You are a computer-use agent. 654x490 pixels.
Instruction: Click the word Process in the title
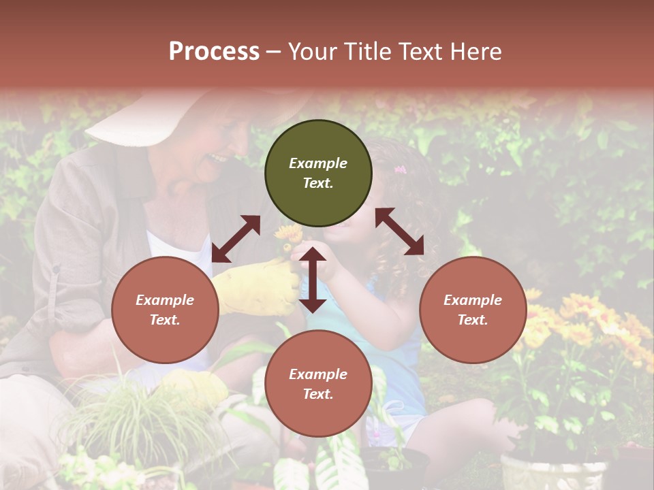click(x=214, y=52)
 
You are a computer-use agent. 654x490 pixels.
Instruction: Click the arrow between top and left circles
click(x=236, y=239)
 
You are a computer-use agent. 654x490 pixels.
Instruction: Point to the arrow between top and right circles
click(x=400, y=231)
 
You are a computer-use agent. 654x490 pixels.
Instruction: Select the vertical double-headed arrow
click(x=313, y=280)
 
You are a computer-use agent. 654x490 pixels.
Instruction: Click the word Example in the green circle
click(x=318, y=163)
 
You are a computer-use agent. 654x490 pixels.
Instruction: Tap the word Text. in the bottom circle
click(x=318, y=394)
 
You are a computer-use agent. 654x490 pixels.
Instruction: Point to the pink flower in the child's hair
click(x=400, y=169)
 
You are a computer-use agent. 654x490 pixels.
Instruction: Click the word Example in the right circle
click(x=473, y=300)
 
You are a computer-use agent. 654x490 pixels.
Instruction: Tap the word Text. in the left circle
click(x=165, y=320)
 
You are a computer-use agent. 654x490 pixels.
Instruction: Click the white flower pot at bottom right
click(x=553, y=472)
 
